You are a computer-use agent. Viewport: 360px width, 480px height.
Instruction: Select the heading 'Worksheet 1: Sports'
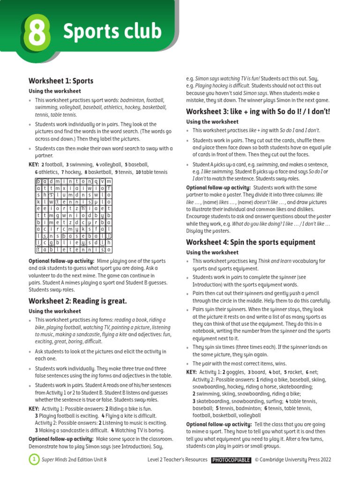pyautogui.click(x=61, y=81)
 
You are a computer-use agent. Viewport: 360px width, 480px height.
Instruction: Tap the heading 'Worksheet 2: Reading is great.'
pyautogui.click(x=78, y=300)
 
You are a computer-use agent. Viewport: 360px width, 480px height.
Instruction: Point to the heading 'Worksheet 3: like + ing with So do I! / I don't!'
pyautogui.click(x=258, y=111)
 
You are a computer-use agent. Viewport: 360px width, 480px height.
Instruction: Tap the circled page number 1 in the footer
pyautogui.click(x=34, y=460)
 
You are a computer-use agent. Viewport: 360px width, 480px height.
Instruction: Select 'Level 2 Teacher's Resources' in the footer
pyautogui.click(x=177, y=460)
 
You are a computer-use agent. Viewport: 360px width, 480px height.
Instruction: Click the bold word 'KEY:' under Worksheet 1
pyautogui.click(x=34, y=165)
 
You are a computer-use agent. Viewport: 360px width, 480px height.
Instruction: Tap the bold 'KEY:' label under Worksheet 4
pyautogui.click(x=192, y=372)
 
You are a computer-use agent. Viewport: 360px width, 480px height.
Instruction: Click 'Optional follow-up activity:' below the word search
pyautogui.click(x=61, y=261)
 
